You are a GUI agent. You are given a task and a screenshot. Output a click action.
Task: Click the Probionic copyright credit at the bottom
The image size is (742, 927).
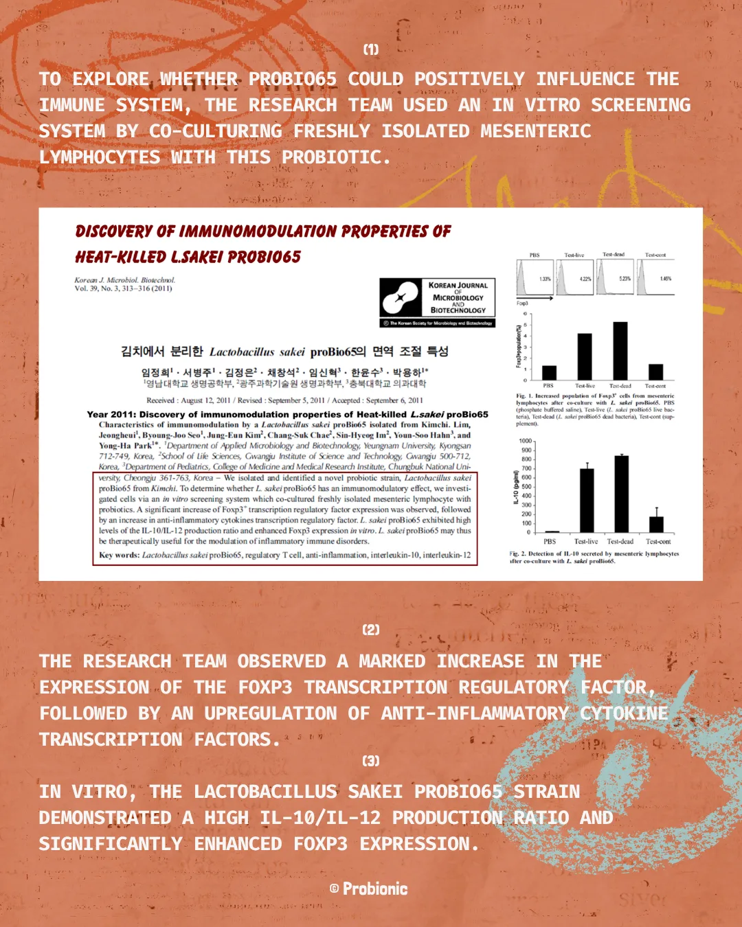[x=369, y=889]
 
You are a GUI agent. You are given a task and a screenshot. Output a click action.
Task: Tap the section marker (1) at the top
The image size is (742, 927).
[x=371, y=49]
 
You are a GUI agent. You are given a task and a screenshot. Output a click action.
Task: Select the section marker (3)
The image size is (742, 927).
[x=371, y=761]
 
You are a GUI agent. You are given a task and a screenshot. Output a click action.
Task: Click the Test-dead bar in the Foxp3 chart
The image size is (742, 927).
[x=620, y=351]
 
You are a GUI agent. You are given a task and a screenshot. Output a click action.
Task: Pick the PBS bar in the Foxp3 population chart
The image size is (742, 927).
[x=550, y=372]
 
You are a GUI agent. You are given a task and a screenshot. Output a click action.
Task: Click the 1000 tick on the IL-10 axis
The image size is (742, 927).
[x=526, y=442]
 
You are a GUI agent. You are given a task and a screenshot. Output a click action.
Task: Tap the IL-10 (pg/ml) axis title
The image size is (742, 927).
[x=516, y=487]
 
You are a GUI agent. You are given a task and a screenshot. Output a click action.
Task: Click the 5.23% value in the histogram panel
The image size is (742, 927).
[x=625, y=279]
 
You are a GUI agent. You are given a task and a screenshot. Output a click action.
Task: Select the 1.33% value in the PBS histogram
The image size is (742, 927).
[x=545, y=279]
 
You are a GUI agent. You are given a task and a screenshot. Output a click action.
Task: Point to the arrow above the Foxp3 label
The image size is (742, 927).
[x=535, y=299]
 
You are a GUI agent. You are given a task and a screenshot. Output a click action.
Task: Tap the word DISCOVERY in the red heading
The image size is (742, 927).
[x=114, y=231]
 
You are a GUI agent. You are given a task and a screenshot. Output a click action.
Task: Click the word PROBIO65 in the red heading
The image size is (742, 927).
[x=264, y=257]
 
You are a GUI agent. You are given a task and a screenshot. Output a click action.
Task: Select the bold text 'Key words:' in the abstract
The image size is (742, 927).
[x=119, y=555]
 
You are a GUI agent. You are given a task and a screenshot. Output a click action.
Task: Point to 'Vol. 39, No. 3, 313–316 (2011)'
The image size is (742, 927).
[x=123, y=288]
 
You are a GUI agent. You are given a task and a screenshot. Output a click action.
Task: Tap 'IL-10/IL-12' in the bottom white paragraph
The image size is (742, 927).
[x=320, y=818]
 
